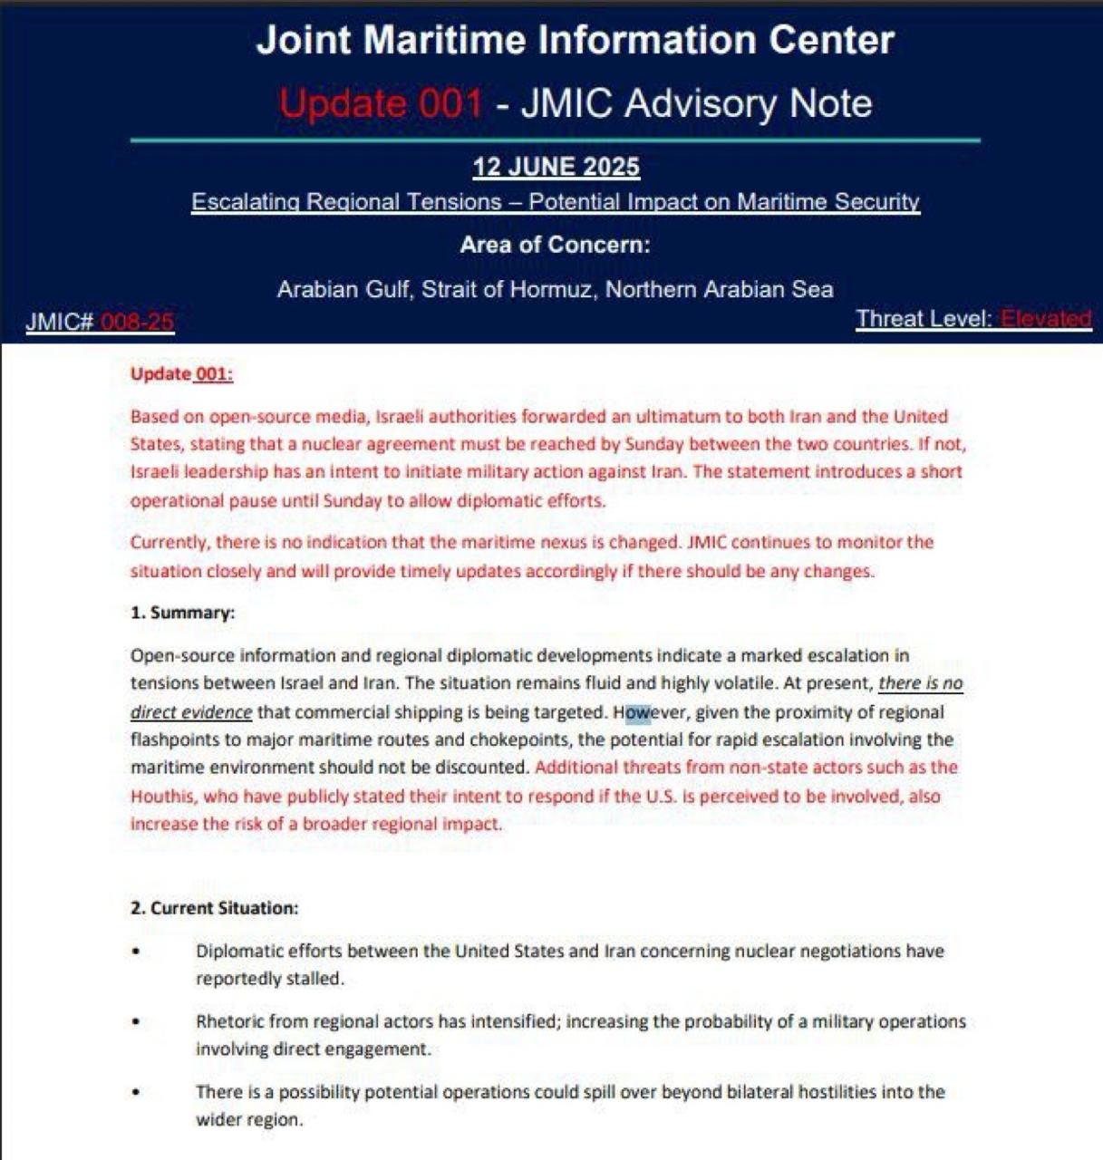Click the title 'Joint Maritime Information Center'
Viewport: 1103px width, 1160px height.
pos(575,41)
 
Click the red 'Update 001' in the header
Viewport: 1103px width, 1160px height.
pos(381,103)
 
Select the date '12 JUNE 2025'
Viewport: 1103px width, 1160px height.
pos(556,167)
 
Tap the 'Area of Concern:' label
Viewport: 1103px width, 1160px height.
pos(555,245)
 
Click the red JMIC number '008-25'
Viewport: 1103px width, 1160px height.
pos(137,322)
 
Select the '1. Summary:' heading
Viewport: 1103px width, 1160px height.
pos(182,613)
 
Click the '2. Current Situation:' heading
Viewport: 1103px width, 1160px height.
pos(214,908)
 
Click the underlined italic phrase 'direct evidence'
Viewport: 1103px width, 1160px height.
pos(190,712)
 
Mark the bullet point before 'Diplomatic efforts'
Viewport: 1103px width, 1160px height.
pos(136,952)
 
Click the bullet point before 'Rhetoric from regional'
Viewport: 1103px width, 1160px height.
pos(136,1021)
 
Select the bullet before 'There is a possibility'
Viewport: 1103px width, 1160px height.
pos(136,1092)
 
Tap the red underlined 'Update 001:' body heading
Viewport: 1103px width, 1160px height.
pos(181,373)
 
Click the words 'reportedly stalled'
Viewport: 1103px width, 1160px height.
pos(269,980)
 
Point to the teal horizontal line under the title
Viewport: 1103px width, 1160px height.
pos(555,140)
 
